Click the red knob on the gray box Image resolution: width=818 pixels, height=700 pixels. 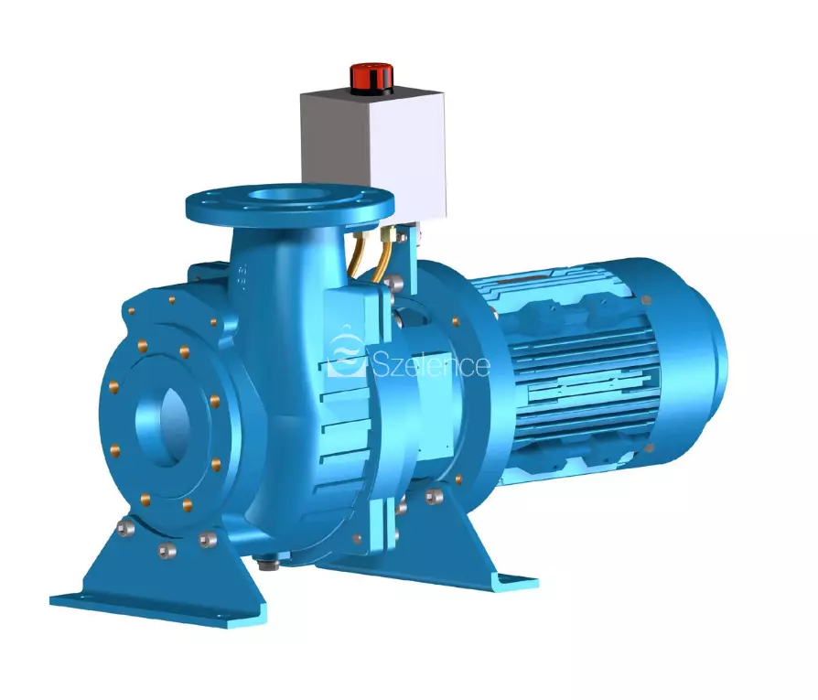(x=371, y=78)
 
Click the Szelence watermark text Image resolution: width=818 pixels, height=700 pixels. (x=432, y=365)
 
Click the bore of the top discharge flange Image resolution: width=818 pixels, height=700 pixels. (x=290, y=197)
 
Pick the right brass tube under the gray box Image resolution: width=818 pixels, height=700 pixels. (x=385, y=254)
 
